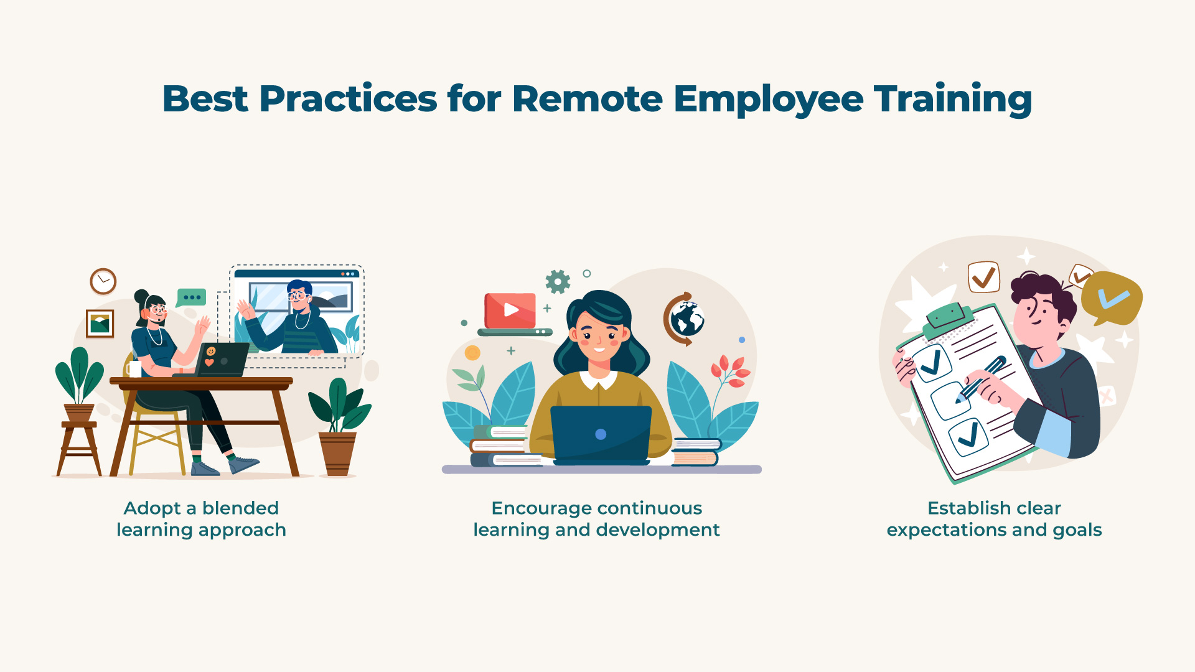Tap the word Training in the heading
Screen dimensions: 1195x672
tap(953, 100)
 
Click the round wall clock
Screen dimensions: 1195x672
tap(103, 281)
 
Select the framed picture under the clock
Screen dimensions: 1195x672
tap(100, 324)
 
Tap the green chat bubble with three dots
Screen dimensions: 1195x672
tap(191, 298)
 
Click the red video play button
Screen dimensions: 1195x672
tap(510, 310)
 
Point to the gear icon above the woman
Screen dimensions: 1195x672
tap(558, 281)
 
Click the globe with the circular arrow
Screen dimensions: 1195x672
tap(685, 319)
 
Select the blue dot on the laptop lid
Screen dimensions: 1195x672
tap(601, 434)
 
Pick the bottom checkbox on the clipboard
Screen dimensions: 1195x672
tap(968, 438)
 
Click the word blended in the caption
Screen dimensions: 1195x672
tap(240, 508)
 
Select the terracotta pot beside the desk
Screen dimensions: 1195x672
tap(337, 454)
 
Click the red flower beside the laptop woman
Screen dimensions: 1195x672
tap(731, 371)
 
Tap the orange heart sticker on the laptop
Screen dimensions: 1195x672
tap(209, 362)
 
